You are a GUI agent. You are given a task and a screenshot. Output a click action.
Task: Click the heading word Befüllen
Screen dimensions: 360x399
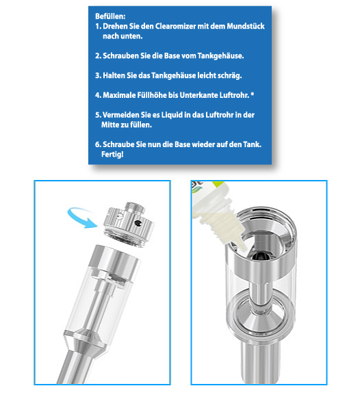[x=110, y=16]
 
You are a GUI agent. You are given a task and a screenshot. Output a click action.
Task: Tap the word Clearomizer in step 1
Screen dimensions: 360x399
[x=175, y=26]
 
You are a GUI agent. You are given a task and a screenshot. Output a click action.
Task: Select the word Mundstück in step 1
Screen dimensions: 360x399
[x=246, y=26]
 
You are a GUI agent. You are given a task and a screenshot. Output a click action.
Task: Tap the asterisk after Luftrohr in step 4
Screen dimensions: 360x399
[x=252, y=94]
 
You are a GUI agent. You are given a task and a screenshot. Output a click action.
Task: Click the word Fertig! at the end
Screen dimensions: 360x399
[x=112, y=154]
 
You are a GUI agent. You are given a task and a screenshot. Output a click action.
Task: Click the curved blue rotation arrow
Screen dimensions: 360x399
[x=81, y=217]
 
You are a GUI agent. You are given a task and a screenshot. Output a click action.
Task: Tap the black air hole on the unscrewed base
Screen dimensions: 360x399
[x=139, y=223]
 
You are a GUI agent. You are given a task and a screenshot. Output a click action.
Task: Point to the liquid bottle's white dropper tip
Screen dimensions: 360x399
[x=242, y=245]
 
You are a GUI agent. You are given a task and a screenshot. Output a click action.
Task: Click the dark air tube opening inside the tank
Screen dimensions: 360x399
[x=259, y=256]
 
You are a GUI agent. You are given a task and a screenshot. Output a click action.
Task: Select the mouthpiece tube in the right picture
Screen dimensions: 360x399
[x=260, y=361]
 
